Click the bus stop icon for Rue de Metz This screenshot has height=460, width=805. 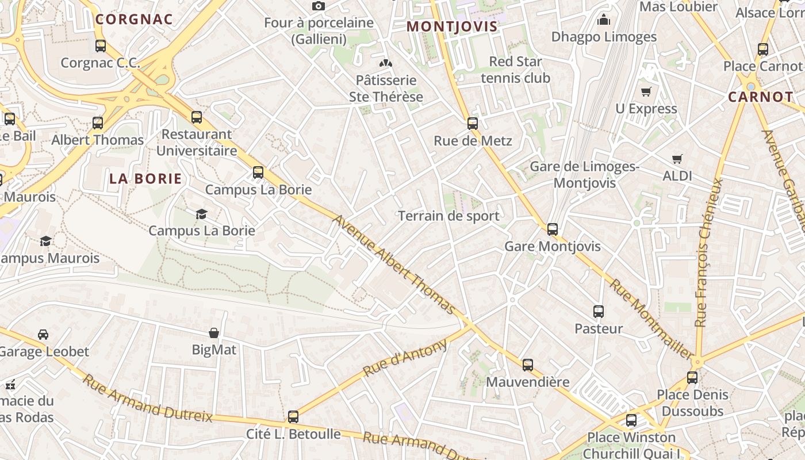[473, 123]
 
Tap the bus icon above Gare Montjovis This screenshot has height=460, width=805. [553, 229]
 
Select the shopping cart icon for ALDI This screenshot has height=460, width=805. [677, 159]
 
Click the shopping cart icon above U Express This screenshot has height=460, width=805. [646, 91]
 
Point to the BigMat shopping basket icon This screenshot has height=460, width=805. [214, 332]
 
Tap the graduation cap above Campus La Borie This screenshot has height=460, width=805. [201, 214]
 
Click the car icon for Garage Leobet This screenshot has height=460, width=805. [43, 334]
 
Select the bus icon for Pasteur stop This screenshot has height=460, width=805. [599, 312]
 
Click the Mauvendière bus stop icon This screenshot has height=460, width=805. [527, 365]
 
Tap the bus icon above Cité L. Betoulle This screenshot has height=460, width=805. [293, 416]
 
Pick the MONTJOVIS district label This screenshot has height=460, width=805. [452, 26]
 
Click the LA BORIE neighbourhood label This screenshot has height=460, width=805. [145, 179]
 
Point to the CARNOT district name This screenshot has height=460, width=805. [761, 97]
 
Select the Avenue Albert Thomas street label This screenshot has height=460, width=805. [394, 265]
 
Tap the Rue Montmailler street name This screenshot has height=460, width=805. [651, 319]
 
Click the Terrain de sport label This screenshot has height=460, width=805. [449, 216]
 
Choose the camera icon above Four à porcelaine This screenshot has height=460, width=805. [319, 6]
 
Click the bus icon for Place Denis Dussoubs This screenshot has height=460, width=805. [692, 378]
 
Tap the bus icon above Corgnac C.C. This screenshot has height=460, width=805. [101, 45]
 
